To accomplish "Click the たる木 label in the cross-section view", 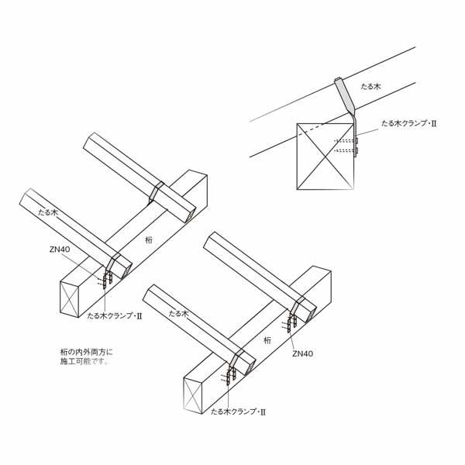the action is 370,87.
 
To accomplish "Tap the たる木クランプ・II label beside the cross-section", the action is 409,123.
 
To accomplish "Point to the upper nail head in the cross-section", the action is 356,140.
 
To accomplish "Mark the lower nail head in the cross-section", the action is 356,150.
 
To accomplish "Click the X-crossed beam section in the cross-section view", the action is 325,157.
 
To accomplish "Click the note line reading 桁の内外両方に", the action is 87,353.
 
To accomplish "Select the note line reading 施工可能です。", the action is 84,361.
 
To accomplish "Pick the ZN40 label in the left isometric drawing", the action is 60,249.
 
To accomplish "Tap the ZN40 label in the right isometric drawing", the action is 302,353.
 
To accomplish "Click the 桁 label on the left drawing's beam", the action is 149,239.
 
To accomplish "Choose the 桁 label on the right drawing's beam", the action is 267,340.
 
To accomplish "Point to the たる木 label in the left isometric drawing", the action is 48,212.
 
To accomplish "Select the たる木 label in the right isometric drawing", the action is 178,313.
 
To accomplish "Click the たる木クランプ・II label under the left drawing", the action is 115,316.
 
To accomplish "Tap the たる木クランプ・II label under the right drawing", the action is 238,412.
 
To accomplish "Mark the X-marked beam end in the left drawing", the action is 70,299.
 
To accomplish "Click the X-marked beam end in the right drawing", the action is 193,395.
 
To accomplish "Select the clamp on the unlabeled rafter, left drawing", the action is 156,193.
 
